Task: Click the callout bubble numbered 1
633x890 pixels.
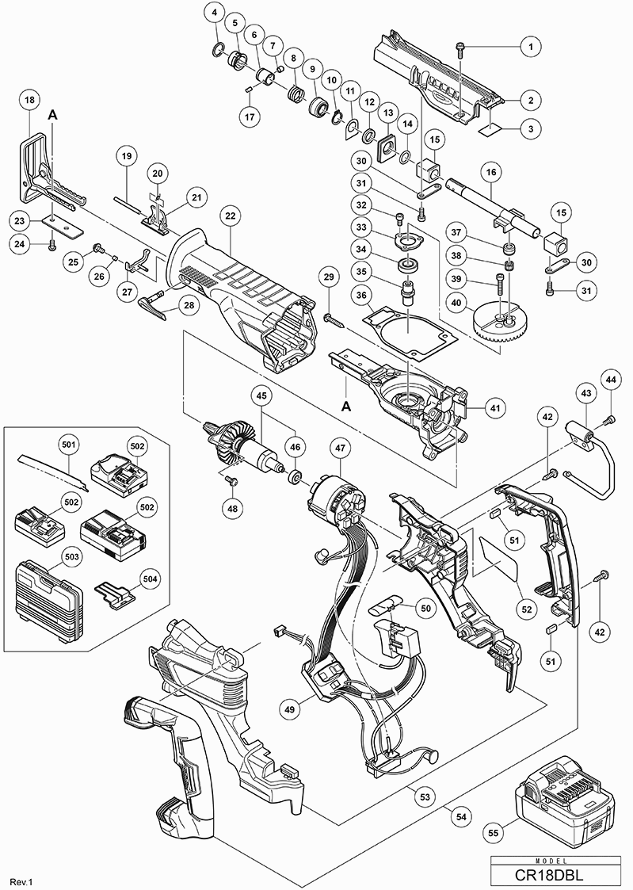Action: pyautogui.click(x=529, y=47)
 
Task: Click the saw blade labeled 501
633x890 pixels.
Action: pyautogui.click(x=50, y=472)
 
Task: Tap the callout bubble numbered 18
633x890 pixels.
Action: pyautogui.click(x=29, y=100)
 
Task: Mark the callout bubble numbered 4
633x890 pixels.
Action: pyautogui.click(x=215, y=13)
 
